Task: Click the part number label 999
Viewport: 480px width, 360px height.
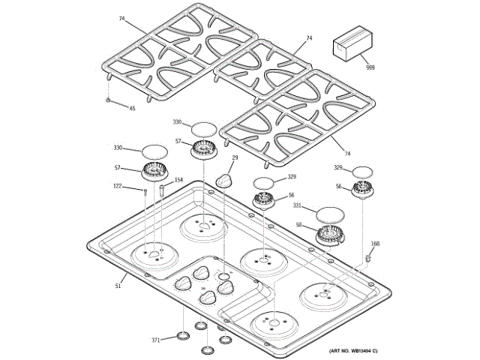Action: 370,68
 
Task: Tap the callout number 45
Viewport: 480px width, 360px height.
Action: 132,109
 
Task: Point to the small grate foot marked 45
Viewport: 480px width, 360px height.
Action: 109,100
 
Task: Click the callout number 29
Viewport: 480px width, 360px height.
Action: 235,158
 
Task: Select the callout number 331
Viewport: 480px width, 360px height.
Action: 297,205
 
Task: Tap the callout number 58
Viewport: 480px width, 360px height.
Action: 298,224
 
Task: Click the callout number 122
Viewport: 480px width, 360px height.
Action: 118,187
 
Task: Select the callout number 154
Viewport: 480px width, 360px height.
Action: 178,180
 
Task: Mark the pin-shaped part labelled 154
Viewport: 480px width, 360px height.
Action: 161,191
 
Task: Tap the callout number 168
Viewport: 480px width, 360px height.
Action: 375,244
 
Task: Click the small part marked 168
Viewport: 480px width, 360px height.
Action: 369,257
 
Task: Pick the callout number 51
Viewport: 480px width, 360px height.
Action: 118,285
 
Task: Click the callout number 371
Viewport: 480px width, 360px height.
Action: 156,340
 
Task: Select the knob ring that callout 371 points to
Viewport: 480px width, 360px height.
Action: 182,334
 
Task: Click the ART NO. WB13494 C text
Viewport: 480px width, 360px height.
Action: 352,351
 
